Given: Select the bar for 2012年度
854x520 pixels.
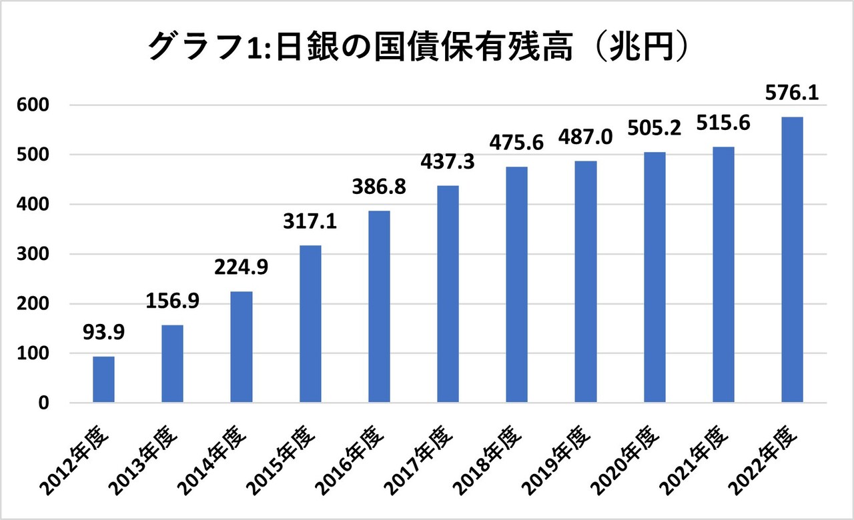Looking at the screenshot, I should [103, 379].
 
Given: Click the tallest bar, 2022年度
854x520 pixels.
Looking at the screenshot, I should [792, 260].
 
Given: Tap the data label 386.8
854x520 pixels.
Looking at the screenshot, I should [378, 194].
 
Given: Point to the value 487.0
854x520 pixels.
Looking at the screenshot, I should [585, 144].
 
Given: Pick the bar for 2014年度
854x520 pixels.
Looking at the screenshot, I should [241, 347].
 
